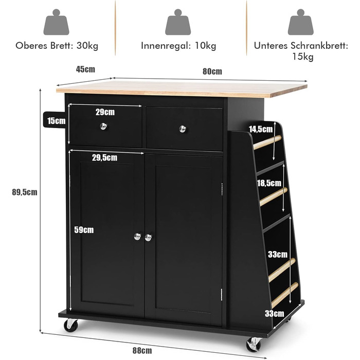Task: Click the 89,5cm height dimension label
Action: (25, 192)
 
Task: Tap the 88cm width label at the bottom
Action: (142, 351)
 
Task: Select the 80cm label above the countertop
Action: (212, 71)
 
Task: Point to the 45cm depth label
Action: (85, 69)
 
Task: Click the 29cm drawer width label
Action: (105, 112)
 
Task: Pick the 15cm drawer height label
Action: (56, 121)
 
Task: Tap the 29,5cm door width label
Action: (104, 157)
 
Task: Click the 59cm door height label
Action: (84, 230)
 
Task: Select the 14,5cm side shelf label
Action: (261, 129)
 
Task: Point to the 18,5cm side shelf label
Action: (269, 183)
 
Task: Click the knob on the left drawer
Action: (103, 126)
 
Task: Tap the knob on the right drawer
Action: (183, 129)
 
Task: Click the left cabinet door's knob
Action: (137, 237)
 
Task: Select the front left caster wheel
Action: (71, 325)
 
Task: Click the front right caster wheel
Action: (254, 345)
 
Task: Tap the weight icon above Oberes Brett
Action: (56, 22)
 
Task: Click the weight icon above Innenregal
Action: (178, 22)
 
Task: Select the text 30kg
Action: (87, 46)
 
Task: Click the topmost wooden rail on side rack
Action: (267, 142)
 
